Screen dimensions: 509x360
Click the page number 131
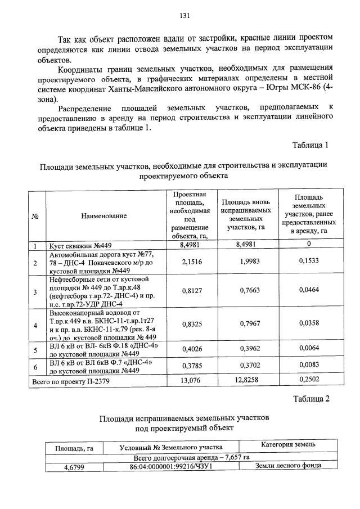[x=183, y=15]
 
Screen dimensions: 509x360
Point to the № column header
[x=35, y=215]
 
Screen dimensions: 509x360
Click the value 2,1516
[x=193, y=262]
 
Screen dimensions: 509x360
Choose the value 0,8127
[x=193, y=291]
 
